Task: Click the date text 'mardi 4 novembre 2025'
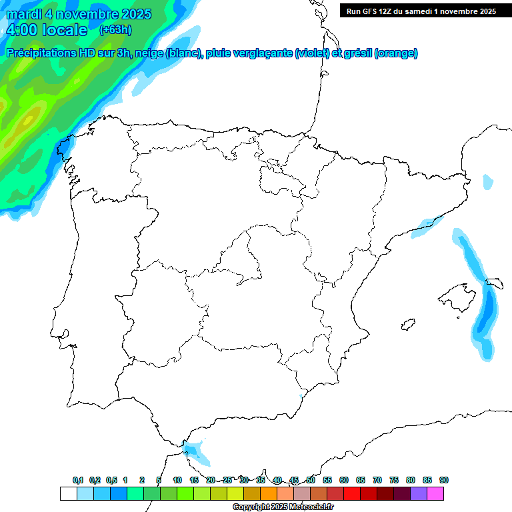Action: point(79,14)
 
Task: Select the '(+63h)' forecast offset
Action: point(115,30)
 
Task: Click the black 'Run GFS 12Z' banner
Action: point(421,11)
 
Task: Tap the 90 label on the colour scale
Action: point(444,480)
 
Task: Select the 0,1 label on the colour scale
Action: point(78,480)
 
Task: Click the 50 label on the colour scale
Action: point(311,480)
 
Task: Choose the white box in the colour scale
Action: point(68,493)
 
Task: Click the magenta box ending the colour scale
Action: point(435,493)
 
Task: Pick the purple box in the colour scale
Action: point(419,493)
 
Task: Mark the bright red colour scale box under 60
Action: point(352,493)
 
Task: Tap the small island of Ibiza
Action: point(407,325)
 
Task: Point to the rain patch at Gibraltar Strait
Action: point(196,453)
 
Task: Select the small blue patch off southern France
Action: point(488,181)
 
